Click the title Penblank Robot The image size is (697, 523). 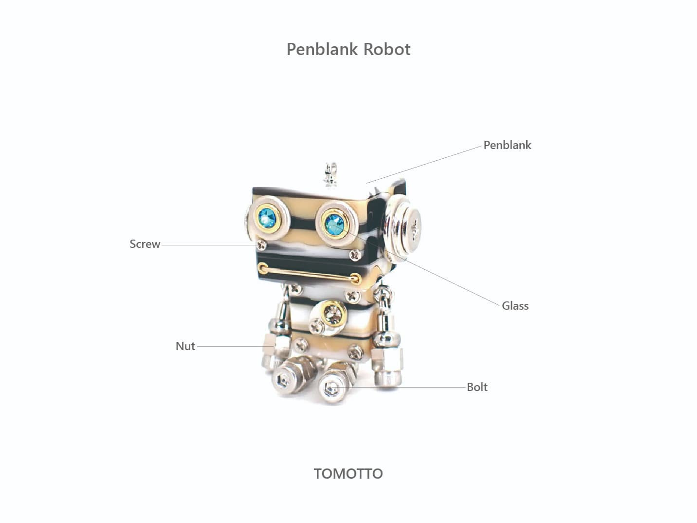[348, 49]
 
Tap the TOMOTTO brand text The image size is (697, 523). [348, 474]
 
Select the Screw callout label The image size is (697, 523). [145, 244]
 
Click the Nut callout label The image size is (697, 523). [185, 346]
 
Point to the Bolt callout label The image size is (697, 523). [477, 387]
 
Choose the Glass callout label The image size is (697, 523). [515, 306]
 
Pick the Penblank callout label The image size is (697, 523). [507, 145]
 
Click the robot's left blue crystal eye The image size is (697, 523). [267, 218]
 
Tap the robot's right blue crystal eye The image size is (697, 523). [334, 224]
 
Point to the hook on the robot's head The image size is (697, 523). [330, 173]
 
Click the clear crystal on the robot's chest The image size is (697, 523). [333, 313]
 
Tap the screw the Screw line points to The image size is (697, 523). [262, 244]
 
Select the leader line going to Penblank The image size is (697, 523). [424, 165]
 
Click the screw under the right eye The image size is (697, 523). [355, 255]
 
